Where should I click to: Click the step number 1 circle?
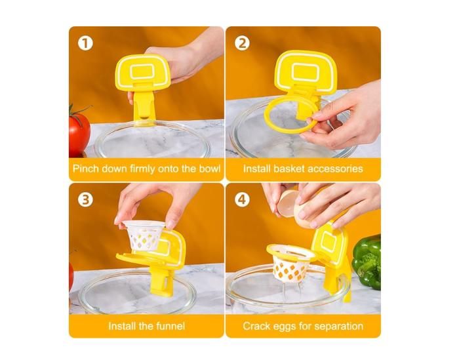[85, 43]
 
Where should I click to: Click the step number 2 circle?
[243, 43]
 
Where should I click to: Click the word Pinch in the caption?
[85, 169]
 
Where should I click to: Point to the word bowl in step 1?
[206, 169]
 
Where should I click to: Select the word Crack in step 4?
[256, 325]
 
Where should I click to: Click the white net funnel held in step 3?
[146, 237]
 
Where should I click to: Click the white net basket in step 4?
[289, 263]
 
